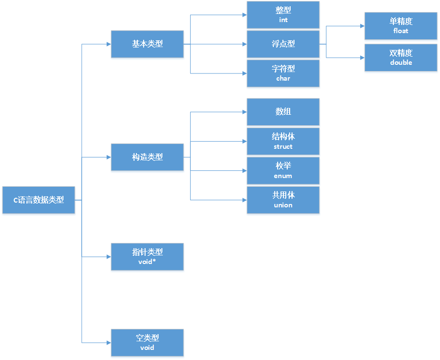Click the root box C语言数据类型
38,200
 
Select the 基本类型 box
147,44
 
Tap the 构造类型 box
147,157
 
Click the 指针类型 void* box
147,256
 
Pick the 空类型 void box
147,342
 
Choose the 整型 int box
283,15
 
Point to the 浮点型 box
283,44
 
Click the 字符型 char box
283,73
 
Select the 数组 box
283,112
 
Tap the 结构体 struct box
283,141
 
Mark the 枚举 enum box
283,170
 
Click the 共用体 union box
283,200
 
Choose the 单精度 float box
401,26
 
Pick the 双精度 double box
401,58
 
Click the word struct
283,147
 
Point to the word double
401,63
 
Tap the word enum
283,176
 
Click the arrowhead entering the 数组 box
244,112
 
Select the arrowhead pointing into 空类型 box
108,342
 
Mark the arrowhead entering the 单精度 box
361,26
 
